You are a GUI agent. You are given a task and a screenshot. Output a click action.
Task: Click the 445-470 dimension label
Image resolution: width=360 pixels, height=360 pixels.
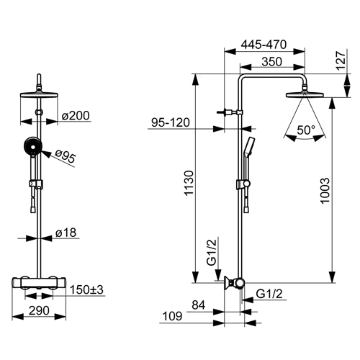[x=264, y=45]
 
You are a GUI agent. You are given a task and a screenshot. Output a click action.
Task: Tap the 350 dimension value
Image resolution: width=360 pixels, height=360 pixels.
[x=271, y=62]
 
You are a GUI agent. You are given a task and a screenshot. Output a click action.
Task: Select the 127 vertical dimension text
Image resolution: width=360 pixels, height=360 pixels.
[x=341, y=60]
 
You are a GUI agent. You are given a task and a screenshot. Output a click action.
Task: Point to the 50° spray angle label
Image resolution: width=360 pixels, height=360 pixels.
[x=306, y=130]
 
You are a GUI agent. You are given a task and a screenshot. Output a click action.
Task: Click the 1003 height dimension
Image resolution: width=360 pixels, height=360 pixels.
[x=325, y=191]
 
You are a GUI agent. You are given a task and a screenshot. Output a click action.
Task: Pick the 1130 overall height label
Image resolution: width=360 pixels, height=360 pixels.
[x=189, y=183]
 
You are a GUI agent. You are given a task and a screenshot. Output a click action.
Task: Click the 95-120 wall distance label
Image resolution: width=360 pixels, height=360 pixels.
[x=171, y=122]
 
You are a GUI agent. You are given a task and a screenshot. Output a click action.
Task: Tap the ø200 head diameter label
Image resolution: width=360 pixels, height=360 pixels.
[x=76, y=115]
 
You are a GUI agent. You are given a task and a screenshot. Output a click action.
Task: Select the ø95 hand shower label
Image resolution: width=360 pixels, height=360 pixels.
[x=65, y=156]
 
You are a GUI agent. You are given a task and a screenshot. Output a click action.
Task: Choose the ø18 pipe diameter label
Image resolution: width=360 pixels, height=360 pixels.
[x=66, y=233]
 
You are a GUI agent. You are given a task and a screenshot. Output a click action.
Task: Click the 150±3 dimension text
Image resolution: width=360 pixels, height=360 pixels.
[x=86, y=289]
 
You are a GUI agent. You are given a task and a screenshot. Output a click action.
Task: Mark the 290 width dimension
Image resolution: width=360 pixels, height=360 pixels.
[x=39, y=310]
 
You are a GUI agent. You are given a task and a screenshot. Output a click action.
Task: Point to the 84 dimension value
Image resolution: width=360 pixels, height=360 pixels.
[x=199, y=305]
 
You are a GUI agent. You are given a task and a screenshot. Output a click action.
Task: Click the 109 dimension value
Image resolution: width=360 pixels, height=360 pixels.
[x=172, y=316]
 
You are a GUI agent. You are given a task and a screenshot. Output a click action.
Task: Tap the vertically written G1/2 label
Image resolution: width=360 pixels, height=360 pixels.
[x=212, y=252]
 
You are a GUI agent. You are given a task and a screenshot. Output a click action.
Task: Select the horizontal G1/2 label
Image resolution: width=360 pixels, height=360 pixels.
[x=269, y=294]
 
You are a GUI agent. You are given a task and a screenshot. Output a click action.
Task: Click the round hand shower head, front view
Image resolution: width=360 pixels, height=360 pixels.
[x=33, y=145]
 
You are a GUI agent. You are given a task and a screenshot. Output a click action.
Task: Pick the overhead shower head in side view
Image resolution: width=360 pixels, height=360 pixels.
[x=305, y=94]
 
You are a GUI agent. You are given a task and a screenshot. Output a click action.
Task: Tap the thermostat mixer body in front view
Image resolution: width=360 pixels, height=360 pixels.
[x=39, y=283]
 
